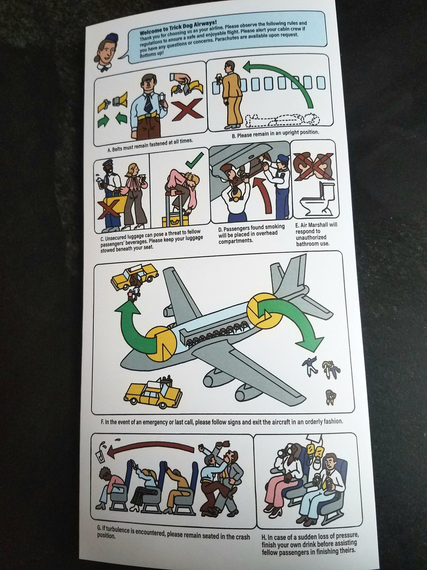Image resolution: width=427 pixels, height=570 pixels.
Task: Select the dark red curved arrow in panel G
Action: (x=150, y=447)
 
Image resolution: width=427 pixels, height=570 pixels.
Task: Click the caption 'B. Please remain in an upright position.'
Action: (x=275, y=134)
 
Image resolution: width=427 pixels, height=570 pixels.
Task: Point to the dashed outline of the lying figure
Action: (x=283, y=120)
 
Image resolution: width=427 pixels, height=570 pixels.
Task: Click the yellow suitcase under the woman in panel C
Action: (x=174, y=220)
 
